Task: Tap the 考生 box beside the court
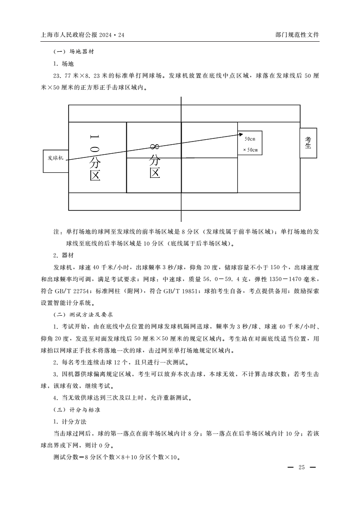308,143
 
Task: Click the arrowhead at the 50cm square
241,134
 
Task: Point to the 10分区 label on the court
94,157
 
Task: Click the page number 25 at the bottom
301,467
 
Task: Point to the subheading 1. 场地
63,64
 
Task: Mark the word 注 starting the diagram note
57,232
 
